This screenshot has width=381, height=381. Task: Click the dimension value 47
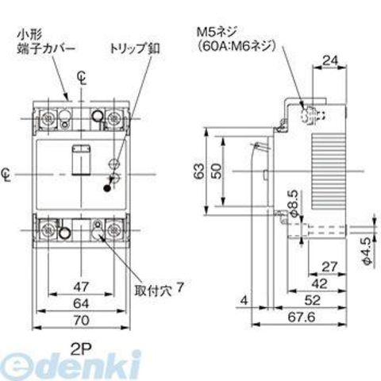click(81, 287)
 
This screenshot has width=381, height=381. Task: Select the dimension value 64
click(81, 304)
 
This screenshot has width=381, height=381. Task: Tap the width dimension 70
click(81, 321)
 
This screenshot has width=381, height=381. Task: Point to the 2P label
click(81, 350)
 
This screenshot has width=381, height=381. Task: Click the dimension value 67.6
click(302, 317)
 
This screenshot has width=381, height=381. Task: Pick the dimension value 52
click(313, 300)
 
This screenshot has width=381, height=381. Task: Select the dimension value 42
click(320, 284)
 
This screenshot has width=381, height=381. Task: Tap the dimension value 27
click(329, 267)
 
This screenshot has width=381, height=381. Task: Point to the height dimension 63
click(200, 171)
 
